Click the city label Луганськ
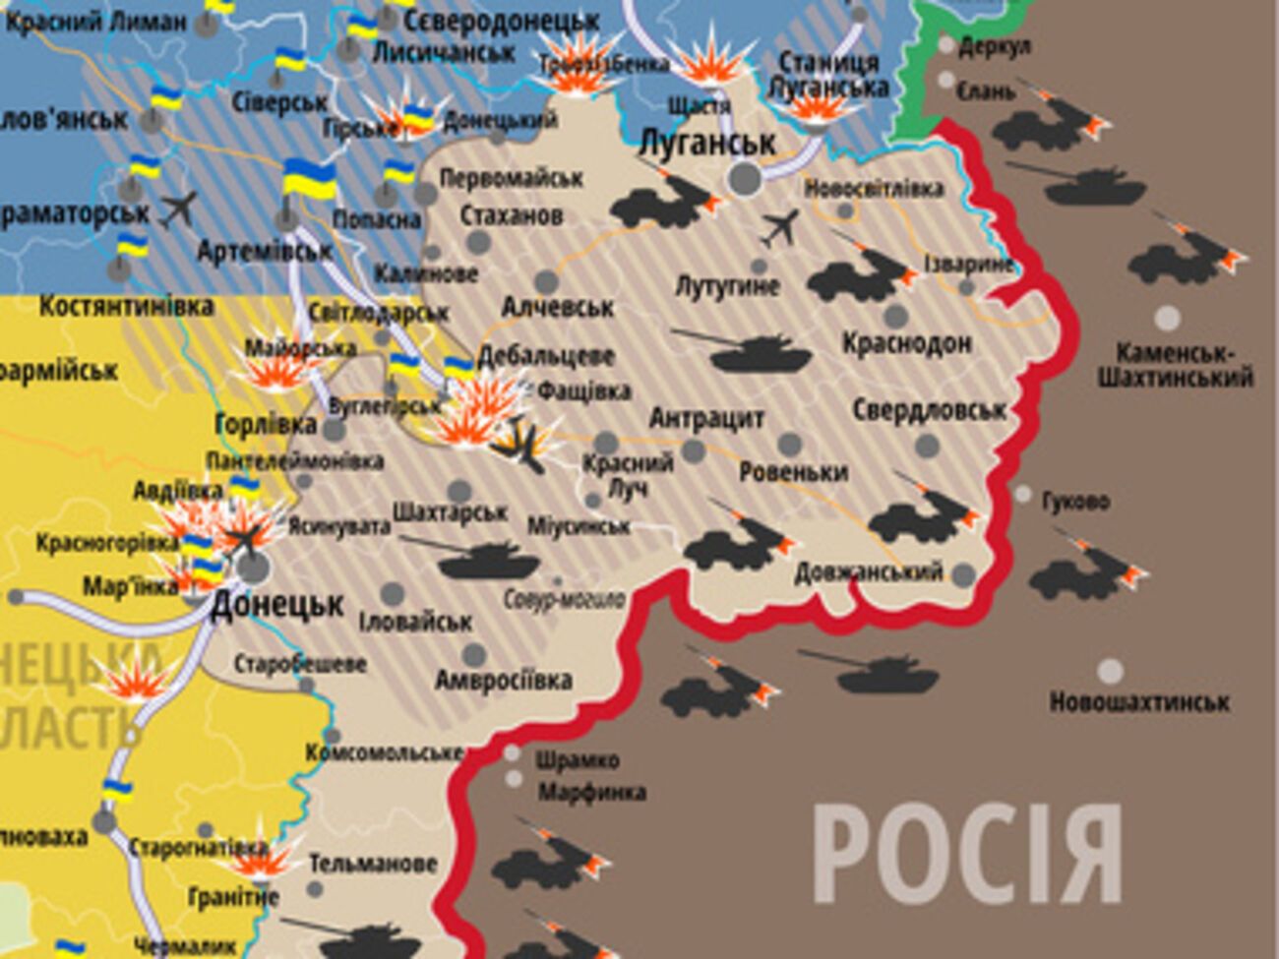click(706, 144)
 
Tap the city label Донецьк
click(276, 604)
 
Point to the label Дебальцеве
click(546, 356)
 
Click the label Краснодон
click(906, 343)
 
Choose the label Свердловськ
click(929, 409)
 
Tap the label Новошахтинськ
click(1138, 702)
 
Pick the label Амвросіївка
click(503, 681)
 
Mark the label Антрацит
click(706, 419)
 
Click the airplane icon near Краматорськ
click(178, 209)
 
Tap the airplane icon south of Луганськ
click(781, 229)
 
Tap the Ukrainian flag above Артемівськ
click(308, 182)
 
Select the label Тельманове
click(373, 864)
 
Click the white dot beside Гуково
click(1023, 494)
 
